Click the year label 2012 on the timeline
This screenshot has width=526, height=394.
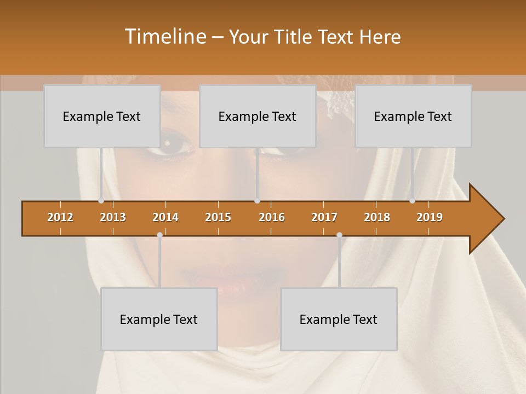pos(60,217)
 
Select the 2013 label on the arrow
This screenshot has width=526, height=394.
pos(113,217)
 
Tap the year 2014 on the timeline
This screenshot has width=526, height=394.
pos(165,217)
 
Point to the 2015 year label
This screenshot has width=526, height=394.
pos(218,217)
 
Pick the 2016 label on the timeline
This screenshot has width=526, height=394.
pos(272,217)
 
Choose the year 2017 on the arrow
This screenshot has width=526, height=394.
pos(324,217)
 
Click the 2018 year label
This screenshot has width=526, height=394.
pos(377,217)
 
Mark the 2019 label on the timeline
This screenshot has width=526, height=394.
pos(430,217)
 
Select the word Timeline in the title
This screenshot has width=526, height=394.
pos(165,37)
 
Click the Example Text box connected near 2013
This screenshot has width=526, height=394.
pos(102,116)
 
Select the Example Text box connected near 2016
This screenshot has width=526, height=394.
pos(258,116)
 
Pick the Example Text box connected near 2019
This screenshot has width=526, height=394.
pos(413,116)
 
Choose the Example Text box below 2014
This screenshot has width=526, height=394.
pos(159,319)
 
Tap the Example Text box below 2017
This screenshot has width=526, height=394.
pos(339,319)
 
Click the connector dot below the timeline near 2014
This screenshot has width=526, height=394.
pos(159,235)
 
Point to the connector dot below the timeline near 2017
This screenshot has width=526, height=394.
pos(339,235)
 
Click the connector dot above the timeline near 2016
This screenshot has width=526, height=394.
pos(257,201)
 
